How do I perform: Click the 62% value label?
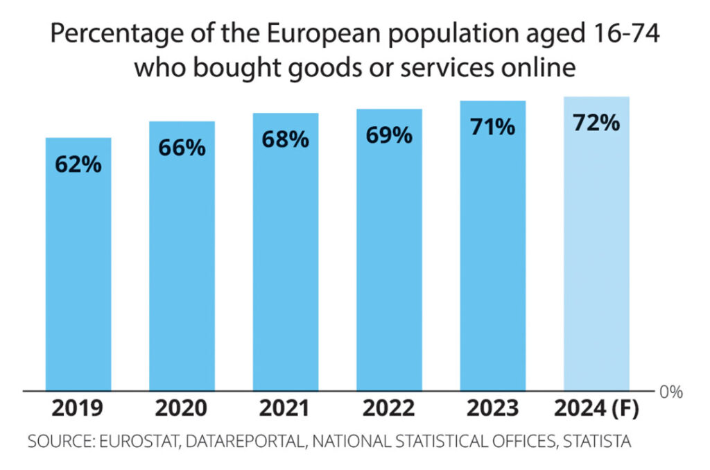click(78, 166)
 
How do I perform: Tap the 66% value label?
click(182, 148)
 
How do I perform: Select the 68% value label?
click(285, 139)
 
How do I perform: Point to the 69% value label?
click(389, 135)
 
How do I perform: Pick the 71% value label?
click(492, 127)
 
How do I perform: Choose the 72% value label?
click(596, 123)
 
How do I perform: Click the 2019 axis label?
click(78, 409)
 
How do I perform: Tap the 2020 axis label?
click(182, 409)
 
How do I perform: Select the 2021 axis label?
click(285, 409)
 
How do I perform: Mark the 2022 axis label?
click(389, 409)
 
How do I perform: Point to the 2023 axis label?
click(492, 409)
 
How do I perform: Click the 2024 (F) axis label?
click(596, 409)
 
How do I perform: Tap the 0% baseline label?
click(670, 392)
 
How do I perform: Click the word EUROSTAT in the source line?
click(139, 442)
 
